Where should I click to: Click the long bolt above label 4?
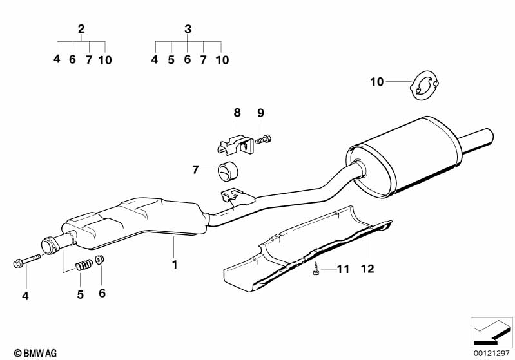click(x=25, y=261)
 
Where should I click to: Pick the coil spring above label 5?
click(x=82, y=264)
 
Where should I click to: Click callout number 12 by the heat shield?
click(x=367, y=269)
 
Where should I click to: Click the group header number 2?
click(x=81, y=28)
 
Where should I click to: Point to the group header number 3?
click(x=188, y=28)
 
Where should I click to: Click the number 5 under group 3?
click(x=171, y=60)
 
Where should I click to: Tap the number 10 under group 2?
click(x=105, y=60)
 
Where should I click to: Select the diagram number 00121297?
click(x=492, y=352)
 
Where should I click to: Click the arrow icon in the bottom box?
click(x=491, y=331)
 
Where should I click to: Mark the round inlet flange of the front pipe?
click(x=49, y=247)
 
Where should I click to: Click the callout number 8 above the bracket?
click(x=237, y=112)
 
